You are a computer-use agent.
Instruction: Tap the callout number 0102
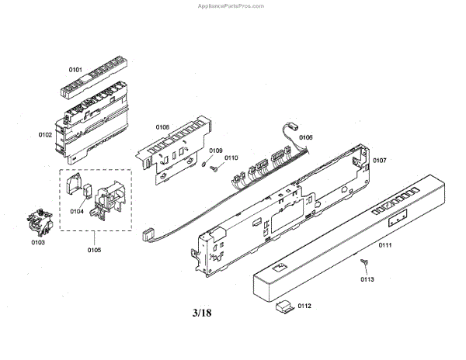coord(45,134)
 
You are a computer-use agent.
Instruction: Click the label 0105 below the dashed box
coord(93,250)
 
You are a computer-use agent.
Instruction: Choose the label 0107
coord(380,161)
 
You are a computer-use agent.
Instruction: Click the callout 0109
coord(215,151)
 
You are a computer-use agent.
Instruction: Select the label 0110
coord(231,158)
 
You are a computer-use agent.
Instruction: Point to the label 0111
coord(384,245)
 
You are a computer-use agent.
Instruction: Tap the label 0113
coord(367,278)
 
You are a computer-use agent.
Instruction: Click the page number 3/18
coord(201,313)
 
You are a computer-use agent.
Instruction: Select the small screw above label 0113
coord(363,264)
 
